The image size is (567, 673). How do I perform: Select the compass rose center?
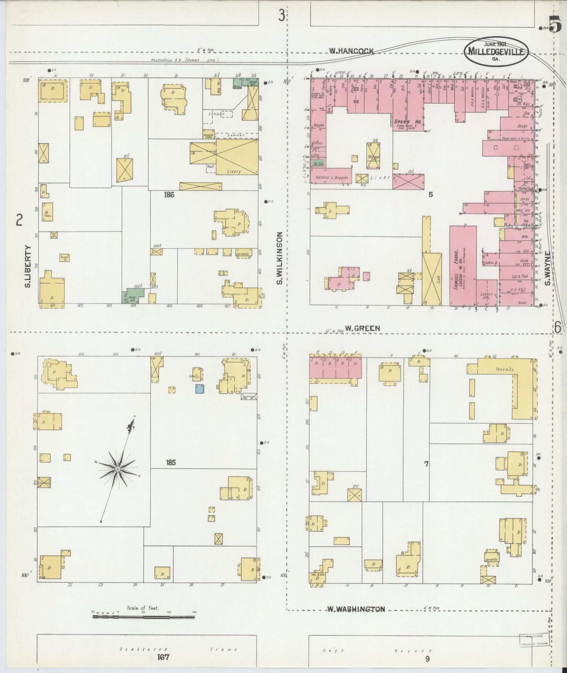[x=118, y=469]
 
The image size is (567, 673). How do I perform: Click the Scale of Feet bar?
[x=144, y=617]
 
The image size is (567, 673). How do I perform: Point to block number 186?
[x=170, y=195]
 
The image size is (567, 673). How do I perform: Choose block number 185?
[x=170, y=463]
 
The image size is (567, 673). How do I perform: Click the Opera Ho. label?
[x=408, y=122]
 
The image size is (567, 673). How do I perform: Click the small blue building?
[x=200, y=389]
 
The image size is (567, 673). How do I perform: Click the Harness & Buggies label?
[x=332, y=177]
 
